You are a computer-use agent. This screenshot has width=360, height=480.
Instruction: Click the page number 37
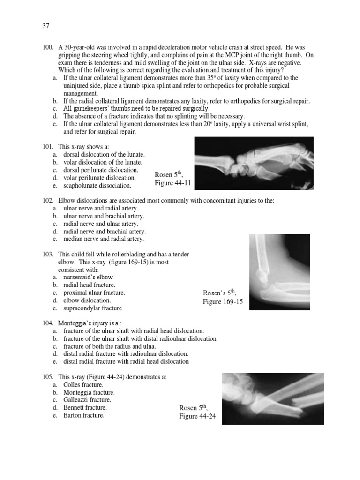click(45, 26)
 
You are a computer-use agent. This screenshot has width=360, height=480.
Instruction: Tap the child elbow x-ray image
click(279, 272)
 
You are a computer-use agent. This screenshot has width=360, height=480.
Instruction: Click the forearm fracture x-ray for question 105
click(273, 398)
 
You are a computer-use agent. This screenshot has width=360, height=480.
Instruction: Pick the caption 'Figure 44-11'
click(173, 183)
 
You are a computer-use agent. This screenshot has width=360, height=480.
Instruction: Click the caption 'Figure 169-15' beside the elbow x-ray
click(223, 301)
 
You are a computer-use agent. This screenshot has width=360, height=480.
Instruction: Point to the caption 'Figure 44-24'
click(197, 416)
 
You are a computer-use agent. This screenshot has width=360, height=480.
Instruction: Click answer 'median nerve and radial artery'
click(103, 239)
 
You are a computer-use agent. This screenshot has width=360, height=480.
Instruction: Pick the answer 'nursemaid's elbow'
click(88, 277)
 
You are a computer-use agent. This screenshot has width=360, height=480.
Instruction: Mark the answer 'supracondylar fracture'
click(92, 308)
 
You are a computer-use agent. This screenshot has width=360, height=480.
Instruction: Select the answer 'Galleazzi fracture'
click(87, 400)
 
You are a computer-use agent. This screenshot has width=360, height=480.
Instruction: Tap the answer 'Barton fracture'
click(84, 415)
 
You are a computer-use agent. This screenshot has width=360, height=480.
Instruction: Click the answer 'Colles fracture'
click(83, 384)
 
